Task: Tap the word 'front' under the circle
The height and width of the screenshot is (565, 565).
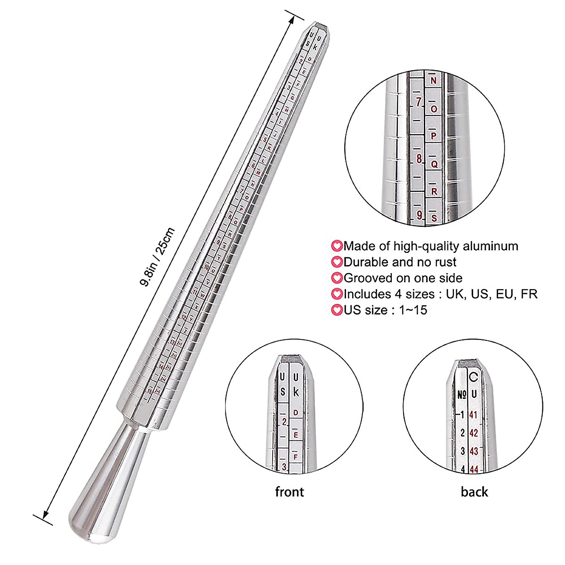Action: [x=289, y=492]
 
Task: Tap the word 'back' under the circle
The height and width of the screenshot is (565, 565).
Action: [x=474, y=492]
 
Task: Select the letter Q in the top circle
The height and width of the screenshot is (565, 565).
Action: [x=434, y=165]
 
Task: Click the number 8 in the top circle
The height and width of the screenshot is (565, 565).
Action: [x=419, y=158]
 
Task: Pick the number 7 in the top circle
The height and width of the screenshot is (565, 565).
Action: [x=418, y=102]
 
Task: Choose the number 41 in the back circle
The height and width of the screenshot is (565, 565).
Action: [x=473, y=415]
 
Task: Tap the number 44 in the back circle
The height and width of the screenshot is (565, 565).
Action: [x=474, y=469]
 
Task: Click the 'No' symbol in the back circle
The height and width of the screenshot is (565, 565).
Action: [x=461, y=394]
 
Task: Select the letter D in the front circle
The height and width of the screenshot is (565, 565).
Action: [x=296, y=413]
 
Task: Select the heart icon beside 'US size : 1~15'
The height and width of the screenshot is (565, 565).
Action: [x=337, y=310]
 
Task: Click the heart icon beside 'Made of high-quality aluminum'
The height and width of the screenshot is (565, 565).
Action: [x=337, y=246]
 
